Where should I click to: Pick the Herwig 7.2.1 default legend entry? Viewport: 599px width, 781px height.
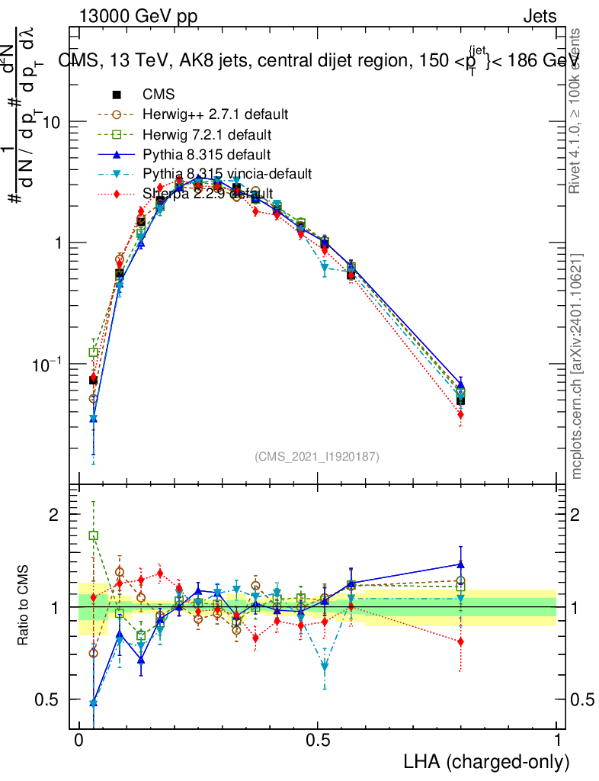(x=207, y=135)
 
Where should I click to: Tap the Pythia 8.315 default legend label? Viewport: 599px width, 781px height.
(x=207, y=155)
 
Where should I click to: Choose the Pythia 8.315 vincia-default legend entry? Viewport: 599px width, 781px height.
(x=227, y=175)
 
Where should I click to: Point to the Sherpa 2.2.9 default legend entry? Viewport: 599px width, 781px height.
(x=207, y=194)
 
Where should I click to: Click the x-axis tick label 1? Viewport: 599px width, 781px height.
(x=557, y=741)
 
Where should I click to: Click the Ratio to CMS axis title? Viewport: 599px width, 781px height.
(x=24, y=607)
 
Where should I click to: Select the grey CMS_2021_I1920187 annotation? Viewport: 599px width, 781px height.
(x=317, y=457)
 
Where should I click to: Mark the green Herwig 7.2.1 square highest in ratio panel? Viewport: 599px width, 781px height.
(x=93, y=535)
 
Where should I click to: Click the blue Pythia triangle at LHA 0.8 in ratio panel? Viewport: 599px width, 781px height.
(x=460, y=564)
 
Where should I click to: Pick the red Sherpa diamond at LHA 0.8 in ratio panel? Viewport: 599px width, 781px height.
(x=460, y=641)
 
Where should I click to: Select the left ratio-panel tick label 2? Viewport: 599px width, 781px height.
(x=54, y=515)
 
